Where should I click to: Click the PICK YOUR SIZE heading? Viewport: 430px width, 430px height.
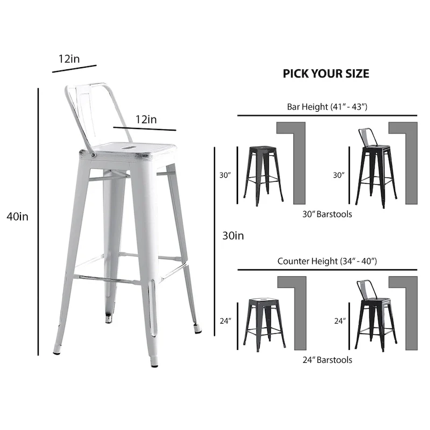[x=326, y=74]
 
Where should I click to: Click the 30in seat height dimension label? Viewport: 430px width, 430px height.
[x=233, y=235]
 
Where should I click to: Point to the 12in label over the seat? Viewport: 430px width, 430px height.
[x=146, y=119]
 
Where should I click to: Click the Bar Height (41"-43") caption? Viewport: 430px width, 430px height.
[x=327, y=106]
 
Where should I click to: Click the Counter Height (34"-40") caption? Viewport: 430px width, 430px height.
[x=327, y=261]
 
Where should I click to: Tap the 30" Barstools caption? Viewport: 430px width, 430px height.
[x=327, y=214]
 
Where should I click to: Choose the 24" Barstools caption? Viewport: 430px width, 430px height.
[x=327, y=360]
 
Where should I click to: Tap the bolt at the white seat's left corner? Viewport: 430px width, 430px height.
[x=94, y=155]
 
